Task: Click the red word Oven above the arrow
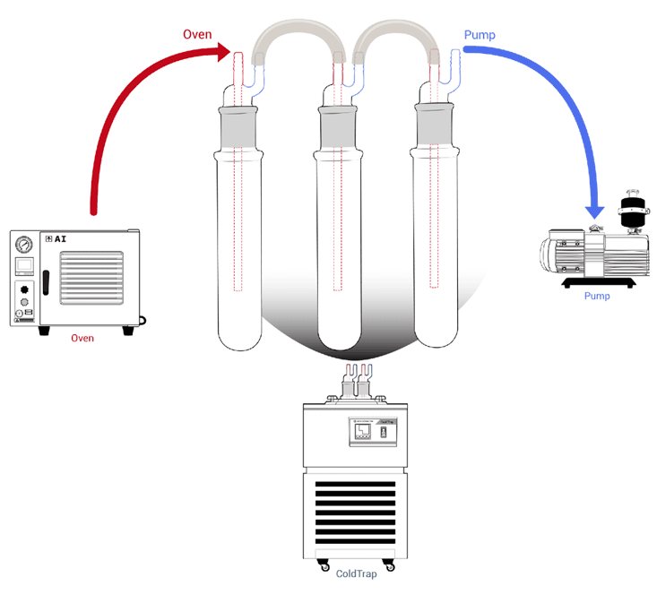(197, 35)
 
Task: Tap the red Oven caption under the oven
(82, 338)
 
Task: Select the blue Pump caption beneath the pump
(596, 296)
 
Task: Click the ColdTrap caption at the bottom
(356, 574)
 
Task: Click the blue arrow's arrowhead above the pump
(595, 211)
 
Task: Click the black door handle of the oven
(45, 289)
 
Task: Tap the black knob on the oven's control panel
(23, 290)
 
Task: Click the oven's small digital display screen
(23, 266)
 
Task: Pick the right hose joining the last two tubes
(395, 40)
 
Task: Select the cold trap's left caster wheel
(324, 565)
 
